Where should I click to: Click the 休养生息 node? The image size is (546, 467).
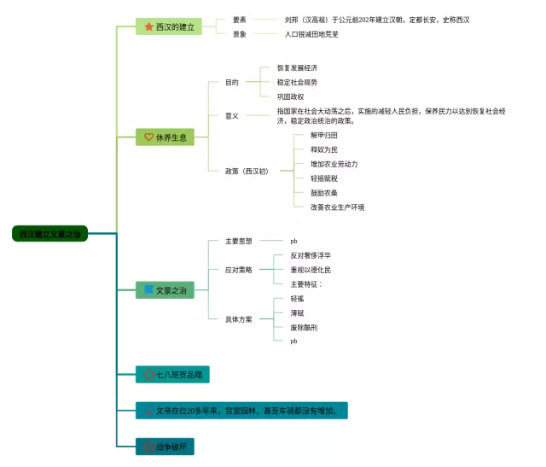[165, 137]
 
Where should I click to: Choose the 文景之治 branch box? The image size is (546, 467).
[165, 290]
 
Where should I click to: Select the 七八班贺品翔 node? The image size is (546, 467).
[172, 374]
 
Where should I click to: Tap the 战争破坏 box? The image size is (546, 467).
[171, 446]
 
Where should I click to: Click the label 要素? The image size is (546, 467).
[240, 19]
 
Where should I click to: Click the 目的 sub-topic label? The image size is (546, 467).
[232, 82]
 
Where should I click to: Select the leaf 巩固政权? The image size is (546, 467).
[290, 96]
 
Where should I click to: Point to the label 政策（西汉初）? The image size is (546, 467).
[247, 171]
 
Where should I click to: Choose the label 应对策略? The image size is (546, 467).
[238, 269]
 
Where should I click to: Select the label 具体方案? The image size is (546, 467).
[238, 319]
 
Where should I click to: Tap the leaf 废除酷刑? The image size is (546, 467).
[303, 327]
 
